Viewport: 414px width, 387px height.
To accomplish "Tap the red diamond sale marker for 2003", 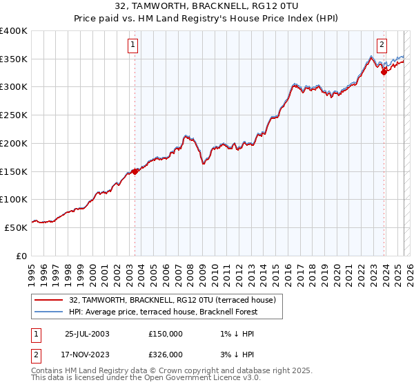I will point(135,172).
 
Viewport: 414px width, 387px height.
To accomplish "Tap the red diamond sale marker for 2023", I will point(384,73).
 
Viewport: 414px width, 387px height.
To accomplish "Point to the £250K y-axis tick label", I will point(14,115).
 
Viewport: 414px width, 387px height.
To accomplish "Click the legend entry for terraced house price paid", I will point(172,300).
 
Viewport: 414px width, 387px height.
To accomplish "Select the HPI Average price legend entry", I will point(162,312).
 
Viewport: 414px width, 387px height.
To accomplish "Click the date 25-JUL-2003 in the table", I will point(87,334).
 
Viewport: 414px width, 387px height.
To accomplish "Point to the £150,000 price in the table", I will point(166,334).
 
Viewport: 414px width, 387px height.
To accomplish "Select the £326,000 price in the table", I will point(166,355).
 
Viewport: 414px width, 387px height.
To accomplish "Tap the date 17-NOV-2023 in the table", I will point(87,355).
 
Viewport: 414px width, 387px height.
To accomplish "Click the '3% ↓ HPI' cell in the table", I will point(235,355).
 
